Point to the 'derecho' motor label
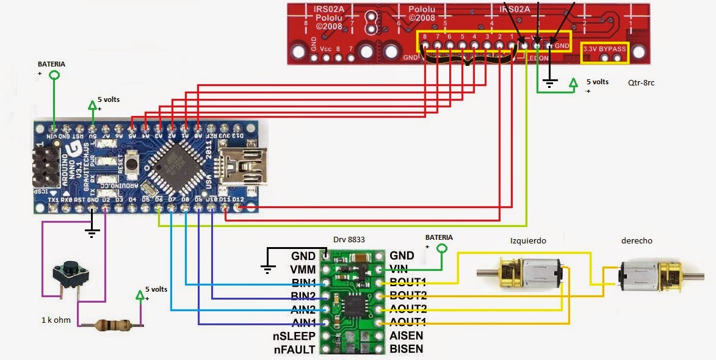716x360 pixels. tap(637, 241)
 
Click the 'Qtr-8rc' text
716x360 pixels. tap(641, 82)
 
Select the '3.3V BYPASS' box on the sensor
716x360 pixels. tap(604, 49)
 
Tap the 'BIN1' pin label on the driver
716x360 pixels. tap(303, 283)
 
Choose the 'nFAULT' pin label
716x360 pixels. tap(294, 349)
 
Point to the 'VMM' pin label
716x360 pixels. tap(303, 269)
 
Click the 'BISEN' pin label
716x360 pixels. tap(407, 349)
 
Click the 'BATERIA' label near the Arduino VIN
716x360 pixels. tap(51, 64)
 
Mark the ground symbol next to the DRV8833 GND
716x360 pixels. tap(267, 266)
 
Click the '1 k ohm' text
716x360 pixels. tap(56, 320)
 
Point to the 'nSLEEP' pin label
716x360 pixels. tap(294, 336)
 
